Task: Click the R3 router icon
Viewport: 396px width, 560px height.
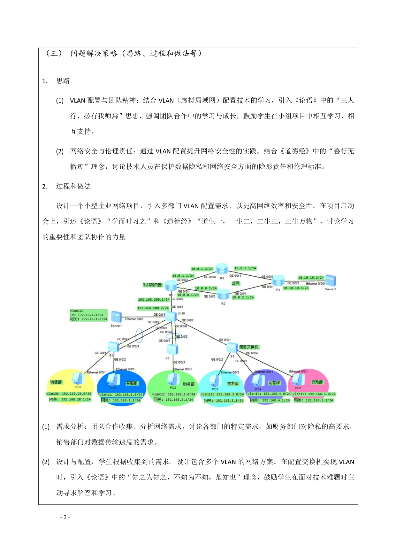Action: click(x=222, y=269)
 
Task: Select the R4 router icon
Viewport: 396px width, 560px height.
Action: click(x=278, y=281)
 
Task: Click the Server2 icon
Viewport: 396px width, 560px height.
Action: click(x=330, y=281)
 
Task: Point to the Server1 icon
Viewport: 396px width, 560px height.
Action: click(x=116, y=317)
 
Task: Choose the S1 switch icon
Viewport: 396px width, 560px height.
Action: click(x=113, y=346)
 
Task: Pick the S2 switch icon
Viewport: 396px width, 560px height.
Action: click(x=172, y=349)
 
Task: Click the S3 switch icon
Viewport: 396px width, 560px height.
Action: click(x=232, y=348)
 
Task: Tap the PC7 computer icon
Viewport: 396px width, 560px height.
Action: click(x=78, y=379)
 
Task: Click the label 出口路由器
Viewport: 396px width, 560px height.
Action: click(x=152, y=285)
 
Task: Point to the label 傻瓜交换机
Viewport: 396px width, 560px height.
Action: click(x=249, y=347)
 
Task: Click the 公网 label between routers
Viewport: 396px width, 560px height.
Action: click(x=236, y=283)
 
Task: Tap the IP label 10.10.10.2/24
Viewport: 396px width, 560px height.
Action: click(x=311, y=278)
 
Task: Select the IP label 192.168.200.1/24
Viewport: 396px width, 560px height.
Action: click(x=154, y=300)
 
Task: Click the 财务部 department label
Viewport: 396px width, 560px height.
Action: click(x=189, y=384)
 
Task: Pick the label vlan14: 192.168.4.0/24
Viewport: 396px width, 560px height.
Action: click(x=269, y=394)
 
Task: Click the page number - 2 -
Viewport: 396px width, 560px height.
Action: click(x=65, y=517)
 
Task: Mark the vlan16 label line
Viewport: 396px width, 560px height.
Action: click(x=77, y=311)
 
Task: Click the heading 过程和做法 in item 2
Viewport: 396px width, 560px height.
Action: click(x=73, y=186)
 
